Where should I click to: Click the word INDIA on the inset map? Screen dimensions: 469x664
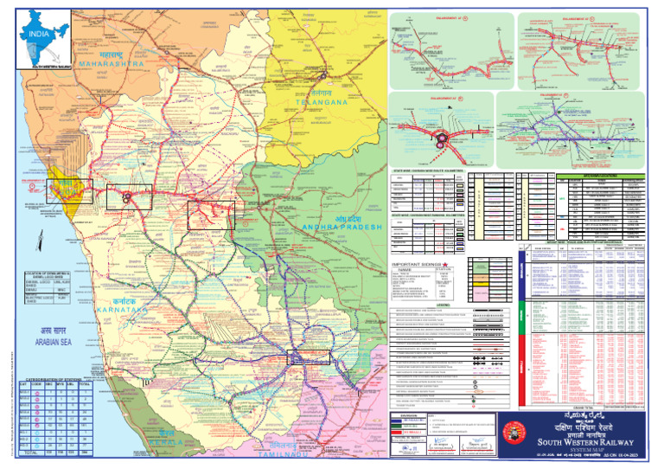coord(35,34)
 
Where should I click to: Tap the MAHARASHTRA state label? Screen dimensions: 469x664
coord(111,63)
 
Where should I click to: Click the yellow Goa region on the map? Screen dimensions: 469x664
coord(64,188)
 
